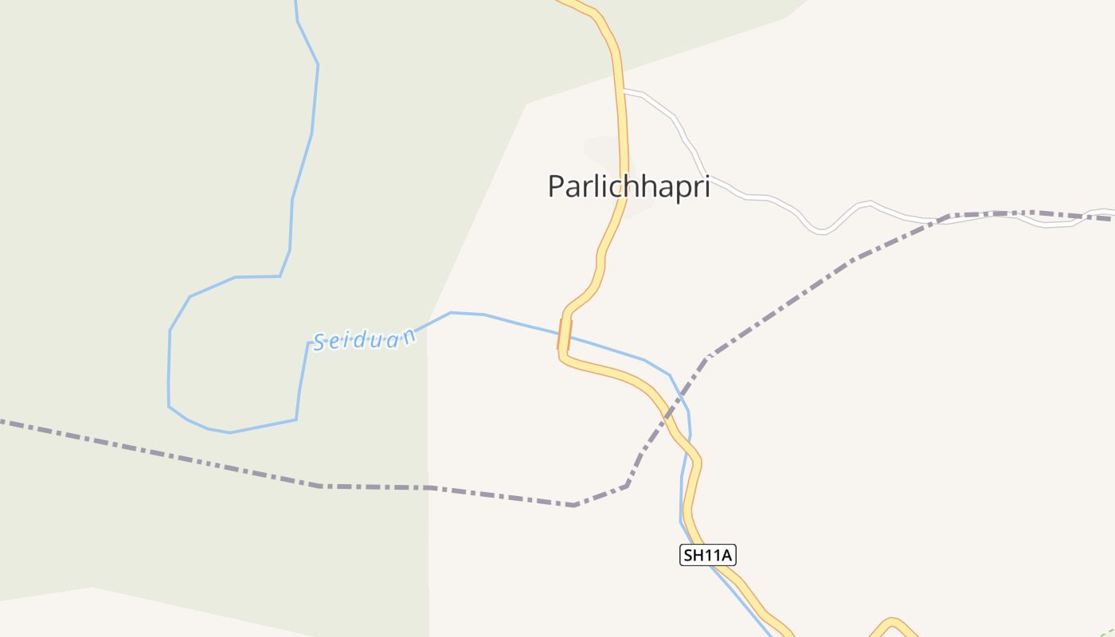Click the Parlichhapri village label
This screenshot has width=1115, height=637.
[628, 186]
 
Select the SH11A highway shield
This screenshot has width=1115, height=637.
[707, 555]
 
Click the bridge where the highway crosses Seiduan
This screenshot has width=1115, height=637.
[565, 334]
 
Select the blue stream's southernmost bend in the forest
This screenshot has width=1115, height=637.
[229, 432]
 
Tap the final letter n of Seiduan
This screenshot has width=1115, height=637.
[409, 334]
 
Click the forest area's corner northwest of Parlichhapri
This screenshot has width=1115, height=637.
[526, 104]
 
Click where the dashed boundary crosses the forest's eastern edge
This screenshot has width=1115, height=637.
[428, 487]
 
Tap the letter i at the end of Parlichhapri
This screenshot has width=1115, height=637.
[706, 186]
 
